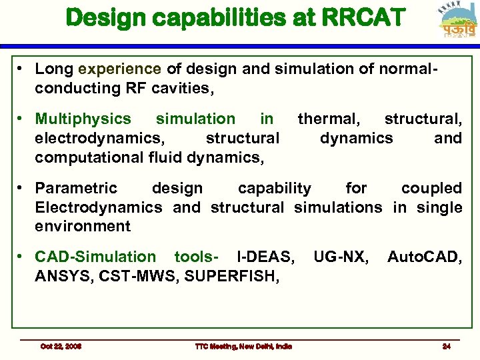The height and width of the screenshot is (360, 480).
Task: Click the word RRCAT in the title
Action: tap(361, 17)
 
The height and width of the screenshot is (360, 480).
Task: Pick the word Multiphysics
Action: tap(83, 119)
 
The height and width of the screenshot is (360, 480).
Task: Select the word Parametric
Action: tap(76, 189)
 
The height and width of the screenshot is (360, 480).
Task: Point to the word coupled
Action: tap(431, 189)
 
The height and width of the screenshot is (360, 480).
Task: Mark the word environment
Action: tap(83, 226)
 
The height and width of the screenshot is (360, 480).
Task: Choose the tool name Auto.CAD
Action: tap(425, 257)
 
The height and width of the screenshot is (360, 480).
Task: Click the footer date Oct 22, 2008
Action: tap(61, 346)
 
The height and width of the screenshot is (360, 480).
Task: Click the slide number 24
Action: tap(446, 346)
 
